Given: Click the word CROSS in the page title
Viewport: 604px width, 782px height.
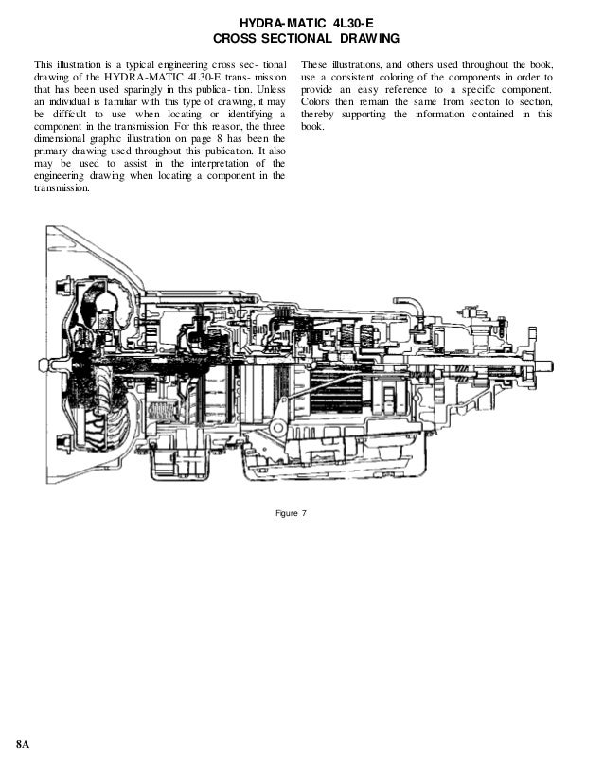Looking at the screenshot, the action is (x=234, y=39).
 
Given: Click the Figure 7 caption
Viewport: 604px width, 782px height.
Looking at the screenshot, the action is (x=291, y=513).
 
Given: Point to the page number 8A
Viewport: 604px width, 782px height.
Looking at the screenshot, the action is (x=23, y=744).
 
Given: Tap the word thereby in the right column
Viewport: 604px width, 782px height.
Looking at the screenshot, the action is (x=318, y=115).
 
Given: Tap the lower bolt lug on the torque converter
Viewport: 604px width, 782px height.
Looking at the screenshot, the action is (x=64, y=443).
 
